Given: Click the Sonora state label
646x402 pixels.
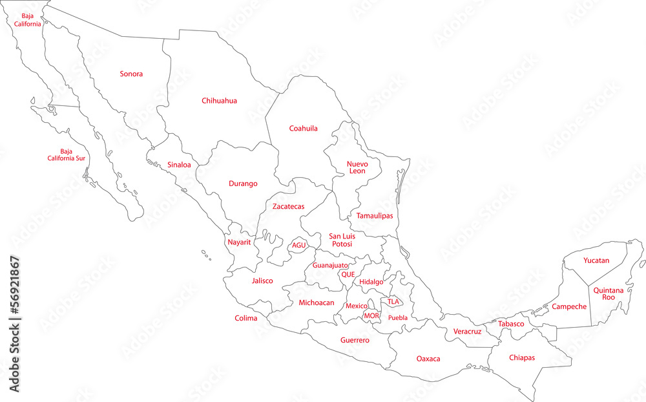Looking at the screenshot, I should click(x=131, y=74).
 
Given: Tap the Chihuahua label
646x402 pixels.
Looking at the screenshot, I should click(x=219, y=101).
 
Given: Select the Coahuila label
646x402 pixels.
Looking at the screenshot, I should click(x=303, y=129).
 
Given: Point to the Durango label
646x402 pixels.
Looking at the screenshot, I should click(x=243, y=184).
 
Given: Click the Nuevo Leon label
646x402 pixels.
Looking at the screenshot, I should click(x=357, y=167).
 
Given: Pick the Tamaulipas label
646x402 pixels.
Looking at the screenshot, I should click(x=375, y=215).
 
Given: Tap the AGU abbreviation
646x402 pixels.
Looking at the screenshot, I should click(x=298, y=246).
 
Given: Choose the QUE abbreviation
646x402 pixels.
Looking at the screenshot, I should click(x=348, y=274).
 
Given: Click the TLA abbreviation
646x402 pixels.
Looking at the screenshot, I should click(x=393, y=301).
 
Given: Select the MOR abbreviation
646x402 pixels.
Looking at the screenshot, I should click(x=371, y=316).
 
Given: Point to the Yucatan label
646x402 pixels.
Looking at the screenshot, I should click(x=596, y=260).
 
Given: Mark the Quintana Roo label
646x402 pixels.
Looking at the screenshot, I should click(x=609, y=294).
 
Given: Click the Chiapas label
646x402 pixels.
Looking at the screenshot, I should click(x=522, y=357).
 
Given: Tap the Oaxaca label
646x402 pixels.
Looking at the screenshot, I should click(x=428, y=359).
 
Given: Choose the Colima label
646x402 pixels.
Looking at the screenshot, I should click(x=246, y=318).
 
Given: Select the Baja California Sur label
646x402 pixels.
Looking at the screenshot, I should click(x=67, y=154).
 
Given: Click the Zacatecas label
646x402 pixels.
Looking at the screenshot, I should click(x=288, y=207).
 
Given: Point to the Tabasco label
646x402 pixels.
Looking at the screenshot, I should click(x=511, y=324).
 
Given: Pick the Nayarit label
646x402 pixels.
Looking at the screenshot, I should click(x=239, y=242).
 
